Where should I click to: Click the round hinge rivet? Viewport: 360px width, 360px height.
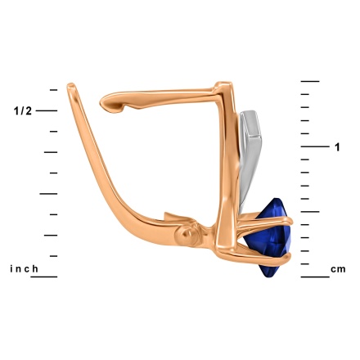point(187,234)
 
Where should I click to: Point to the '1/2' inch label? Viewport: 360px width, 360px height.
point(23,111)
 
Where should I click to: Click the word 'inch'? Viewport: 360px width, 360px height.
point(24,269)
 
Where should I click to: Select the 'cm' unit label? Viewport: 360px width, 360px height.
point(338,269)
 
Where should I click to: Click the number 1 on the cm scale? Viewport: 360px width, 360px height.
point(337,147)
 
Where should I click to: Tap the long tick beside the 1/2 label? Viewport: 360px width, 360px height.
point(47,110)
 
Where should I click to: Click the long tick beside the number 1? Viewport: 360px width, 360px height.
point(315,146)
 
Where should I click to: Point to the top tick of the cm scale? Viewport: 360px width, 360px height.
point(310,81)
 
